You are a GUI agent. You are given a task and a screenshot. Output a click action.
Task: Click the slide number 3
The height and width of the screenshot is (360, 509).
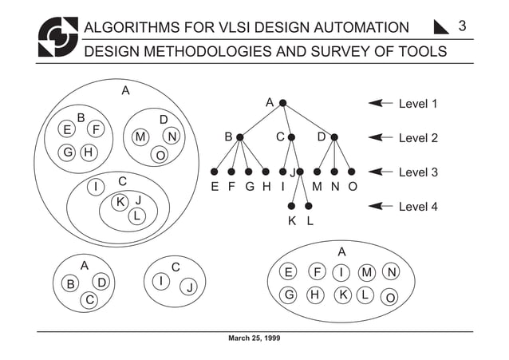coord(462,27)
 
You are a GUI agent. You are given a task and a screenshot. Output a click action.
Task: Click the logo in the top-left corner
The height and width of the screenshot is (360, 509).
coord(58,38)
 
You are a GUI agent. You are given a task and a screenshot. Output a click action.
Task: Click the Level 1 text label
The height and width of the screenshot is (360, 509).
coord(418,104)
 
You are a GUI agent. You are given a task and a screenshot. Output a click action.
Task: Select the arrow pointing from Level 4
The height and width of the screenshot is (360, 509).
coord(381,206)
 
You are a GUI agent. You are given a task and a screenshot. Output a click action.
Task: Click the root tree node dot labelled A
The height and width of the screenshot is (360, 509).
coord(282,103)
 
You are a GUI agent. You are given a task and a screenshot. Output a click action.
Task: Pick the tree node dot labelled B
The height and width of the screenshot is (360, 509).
coord(239,137)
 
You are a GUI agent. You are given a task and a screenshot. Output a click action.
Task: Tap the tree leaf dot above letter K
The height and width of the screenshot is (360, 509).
coord(292,206)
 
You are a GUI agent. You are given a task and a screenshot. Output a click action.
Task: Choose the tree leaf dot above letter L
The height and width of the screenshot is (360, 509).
coord(309,206)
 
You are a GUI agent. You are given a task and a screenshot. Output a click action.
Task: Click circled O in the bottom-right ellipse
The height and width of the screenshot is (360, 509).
coord(390,298)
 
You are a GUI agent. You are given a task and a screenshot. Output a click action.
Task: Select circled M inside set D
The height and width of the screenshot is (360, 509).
coord(140,137)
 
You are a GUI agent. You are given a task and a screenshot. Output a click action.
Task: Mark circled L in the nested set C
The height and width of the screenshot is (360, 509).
coord(137,216)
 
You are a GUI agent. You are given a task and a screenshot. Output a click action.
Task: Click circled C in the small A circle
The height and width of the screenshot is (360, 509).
coord(90,299)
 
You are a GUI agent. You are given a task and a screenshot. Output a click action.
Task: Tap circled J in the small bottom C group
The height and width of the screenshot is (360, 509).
coord(190,288)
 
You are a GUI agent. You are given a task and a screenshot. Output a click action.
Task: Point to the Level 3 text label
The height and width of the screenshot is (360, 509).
coord(418,172)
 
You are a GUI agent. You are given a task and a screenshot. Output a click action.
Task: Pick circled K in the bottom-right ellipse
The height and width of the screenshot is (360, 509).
coord(341,295)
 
